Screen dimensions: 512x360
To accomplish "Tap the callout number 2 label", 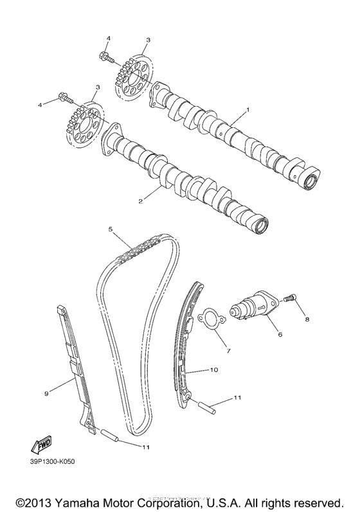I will point(139,201).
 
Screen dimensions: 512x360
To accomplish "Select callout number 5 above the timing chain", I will point(111,229).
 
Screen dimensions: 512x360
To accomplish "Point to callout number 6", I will point(280,334).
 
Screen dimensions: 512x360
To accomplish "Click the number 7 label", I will point(226,351).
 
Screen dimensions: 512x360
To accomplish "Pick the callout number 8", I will point(307,319).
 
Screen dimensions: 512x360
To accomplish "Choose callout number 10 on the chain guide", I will point(215,370).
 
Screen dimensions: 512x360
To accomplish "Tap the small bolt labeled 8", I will point(289,297).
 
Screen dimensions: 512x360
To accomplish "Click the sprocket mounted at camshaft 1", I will point(133,79).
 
